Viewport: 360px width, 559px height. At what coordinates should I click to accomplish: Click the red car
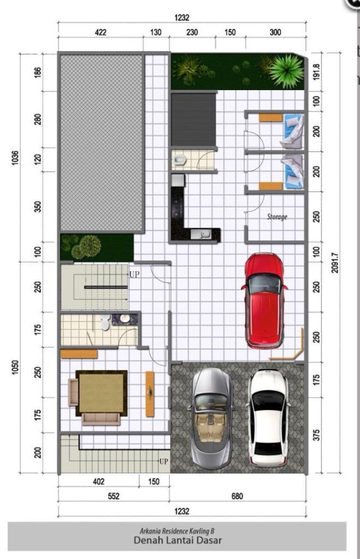tap(264, 301)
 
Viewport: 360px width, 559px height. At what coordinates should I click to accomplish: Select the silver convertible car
tap(211, 419)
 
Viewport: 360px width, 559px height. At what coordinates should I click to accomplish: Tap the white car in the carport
tap(269, 417)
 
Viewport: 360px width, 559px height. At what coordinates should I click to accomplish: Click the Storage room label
tap(277, 216)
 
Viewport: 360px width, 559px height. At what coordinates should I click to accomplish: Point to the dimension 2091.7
tap(334, 263)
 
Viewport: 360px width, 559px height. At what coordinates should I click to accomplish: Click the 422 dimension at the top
tap(100, 33)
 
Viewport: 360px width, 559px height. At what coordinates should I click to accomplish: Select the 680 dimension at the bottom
tap(237, 496)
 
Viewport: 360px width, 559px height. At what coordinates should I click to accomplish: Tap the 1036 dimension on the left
tap(15, 157)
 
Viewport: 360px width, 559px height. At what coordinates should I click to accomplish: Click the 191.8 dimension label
tap(316, 72)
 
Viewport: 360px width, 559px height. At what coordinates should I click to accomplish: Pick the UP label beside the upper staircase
tap(135, 274)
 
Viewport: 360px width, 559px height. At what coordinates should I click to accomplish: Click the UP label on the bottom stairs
tap(163, 461)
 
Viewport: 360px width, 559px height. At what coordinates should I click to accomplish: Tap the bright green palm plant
tap(286, 70)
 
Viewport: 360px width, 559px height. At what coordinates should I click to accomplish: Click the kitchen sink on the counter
tap(201, 234)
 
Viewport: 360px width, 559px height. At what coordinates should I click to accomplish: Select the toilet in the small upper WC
tap(180, 160)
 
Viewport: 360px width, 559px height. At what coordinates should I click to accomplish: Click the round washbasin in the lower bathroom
tap(124, 318)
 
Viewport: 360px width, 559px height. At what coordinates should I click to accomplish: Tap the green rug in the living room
tap(102, 393)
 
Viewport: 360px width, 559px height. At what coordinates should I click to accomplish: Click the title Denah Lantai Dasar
tap(177, 540)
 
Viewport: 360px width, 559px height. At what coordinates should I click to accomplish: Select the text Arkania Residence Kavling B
tap(177, 531)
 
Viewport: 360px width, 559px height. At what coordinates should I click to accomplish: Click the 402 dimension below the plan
tap(99, 482)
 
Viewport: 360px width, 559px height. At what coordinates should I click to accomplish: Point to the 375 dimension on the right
tap(316, 435)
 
